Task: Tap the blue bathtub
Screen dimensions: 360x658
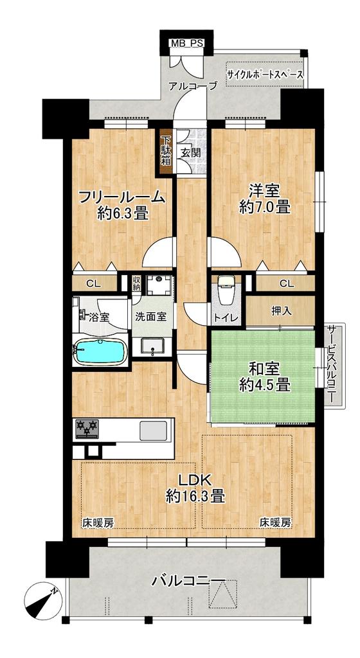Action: click(100, 351)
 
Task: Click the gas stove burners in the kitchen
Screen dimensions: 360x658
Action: click(87, 429)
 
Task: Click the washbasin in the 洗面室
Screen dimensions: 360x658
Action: click(152, 346)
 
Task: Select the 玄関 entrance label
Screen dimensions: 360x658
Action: click(190, 152)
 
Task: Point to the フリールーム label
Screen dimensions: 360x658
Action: click(123, 197)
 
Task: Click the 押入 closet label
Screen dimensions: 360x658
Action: click(280, 310)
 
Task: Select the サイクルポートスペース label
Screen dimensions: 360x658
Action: click(265, 75)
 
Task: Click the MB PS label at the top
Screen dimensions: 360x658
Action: click(185, 43)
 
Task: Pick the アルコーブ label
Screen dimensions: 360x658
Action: click(192, 86)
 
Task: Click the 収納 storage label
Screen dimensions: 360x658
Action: click(137, 282)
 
